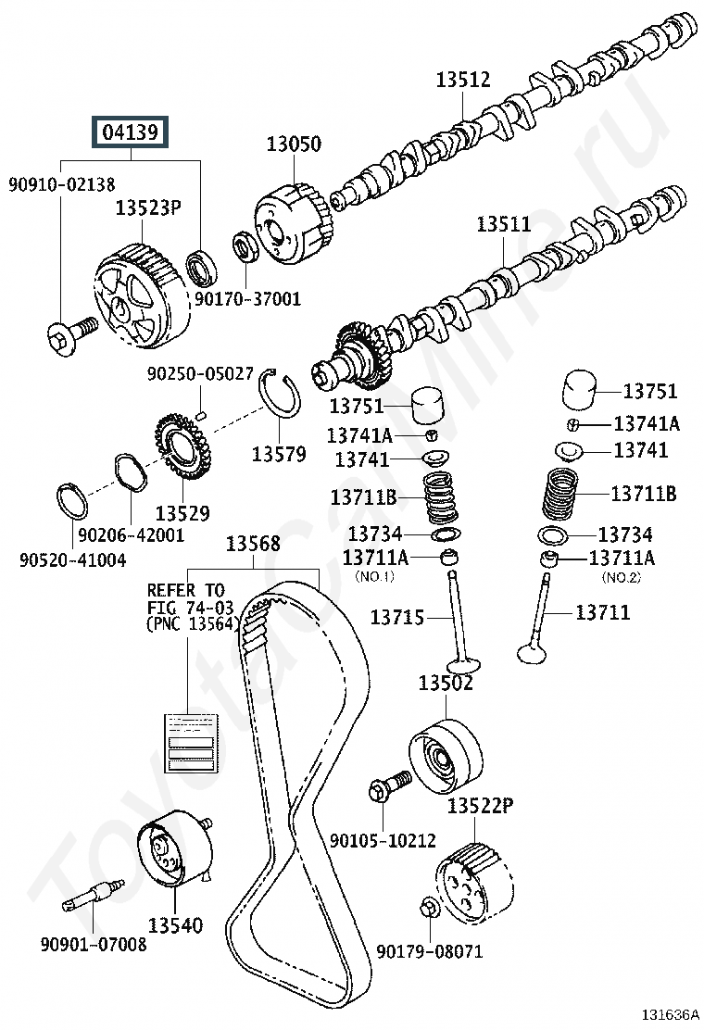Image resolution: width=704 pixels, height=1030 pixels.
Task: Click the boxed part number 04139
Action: [131, 132]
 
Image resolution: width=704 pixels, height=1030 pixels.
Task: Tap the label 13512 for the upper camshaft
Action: [463, 80]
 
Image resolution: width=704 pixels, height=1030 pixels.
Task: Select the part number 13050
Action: [294, 144]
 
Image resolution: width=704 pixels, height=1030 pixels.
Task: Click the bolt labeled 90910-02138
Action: [72, 333]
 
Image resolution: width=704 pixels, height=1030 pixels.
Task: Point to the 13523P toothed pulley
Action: [143, 293]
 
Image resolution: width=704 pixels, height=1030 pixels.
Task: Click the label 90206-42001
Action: [132, 534]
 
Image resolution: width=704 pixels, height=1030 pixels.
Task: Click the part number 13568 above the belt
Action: [253, 544]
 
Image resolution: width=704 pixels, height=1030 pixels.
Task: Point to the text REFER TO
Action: [186, 590]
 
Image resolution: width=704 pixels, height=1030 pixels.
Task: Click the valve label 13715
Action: [396, 618]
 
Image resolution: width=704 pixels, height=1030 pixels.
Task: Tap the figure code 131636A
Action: [670, 1015]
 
